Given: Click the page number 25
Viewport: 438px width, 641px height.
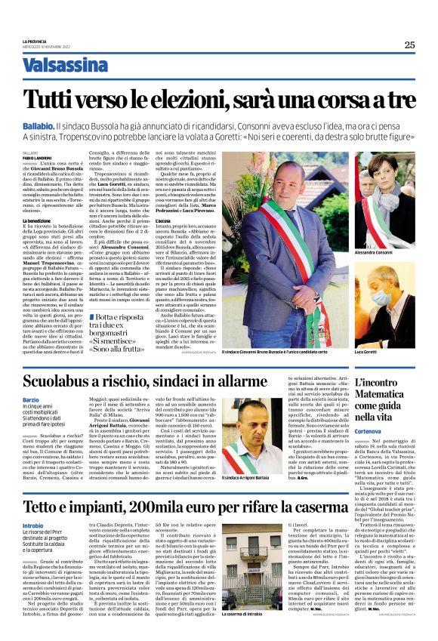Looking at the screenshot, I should click(x=409, y=45).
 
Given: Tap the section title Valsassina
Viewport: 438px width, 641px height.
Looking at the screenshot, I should click(x=65, y=65).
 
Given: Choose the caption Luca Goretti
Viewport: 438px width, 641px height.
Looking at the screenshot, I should click(x=366, y=352).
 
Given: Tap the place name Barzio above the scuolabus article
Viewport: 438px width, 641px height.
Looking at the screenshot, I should click(x=31, y=400).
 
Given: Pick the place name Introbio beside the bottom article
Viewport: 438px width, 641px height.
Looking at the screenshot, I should click(x=33, y=525).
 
